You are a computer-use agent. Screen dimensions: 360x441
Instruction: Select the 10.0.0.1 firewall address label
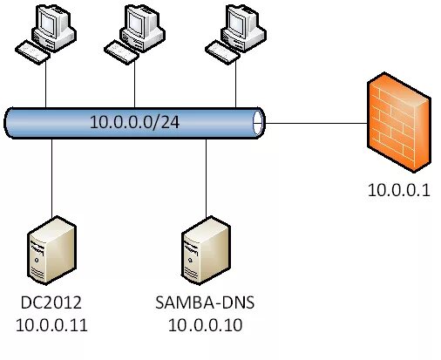(396, 190)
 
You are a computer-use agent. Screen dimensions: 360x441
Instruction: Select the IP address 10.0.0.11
(52, 326)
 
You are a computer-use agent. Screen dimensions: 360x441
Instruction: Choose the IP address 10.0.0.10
(206, 326)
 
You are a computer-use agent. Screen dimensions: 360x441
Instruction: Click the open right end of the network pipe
(258, 122)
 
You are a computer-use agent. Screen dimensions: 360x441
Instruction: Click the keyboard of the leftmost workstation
(36, 53)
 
